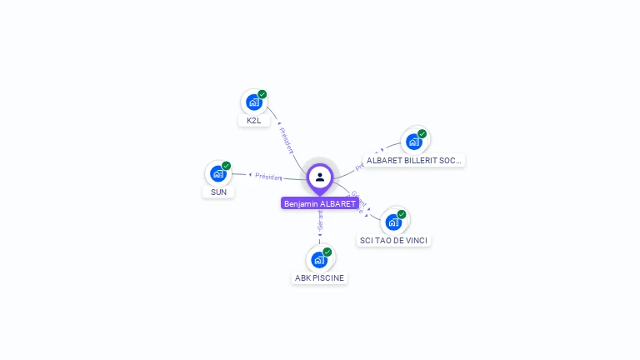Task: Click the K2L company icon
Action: click(x=253, y=102)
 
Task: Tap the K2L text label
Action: click(x=254, y=121)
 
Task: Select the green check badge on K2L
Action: click(x=262, y=94)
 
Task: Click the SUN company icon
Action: click(x=217, y=173)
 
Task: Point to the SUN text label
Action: click(x=218, y=192)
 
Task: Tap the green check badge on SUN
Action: click(x=227, y=166)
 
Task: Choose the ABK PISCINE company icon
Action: click(x=319, y=260)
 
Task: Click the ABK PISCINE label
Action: click(x=319, y=278)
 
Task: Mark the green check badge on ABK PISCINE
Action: click(x=327, y=252)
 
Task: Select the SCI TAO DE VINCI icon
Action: click(x=393, y=222)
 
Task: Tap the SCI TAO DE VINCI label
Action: click(x=394, y=241)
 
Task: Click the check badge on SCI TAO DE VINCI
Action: click(x=402, y=214)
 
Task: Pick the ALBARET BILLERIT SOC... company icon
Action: click(x=413, y=142)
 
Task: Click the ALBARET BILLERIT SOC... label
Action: click(x=414, y=160)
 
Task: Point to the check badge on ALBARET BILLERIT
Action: click(x=422, y=133)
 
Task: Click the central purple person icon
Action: click(x=320, y=177)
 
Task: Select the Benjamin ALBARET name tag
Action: click(x=320, y=204)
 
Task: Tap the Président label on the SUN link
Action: click(x=269, y=176)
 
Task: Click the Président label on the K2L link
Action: click(x=287, y=139)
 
